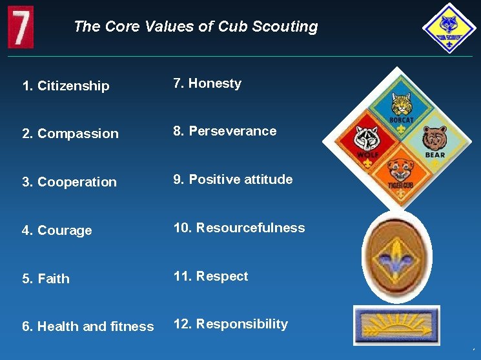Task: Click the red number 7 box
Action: click(21, 26)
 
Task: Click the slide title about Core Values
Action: click(196, 26)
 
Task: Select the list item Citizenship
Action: click(66, 86)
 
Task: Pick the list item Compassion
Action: click(70, 134)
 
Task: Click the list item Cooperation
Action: click(70, 182)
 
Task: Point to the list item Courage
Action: click(57, 230)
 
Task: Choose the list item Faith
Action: click(46, 279)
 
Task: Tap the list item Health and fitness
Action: click(88, 326)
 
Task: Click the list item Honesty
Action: click(207, 83)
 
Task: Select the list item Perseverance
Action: click(225, 131)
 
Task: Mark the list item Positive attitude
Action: click(232, 179)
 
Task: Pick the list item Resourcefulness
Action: click(239, 228)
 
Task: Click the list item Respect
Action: click(210, 276)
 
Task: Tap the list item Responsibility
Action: click(230, 324)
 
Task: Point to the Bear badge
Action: click(435, 140)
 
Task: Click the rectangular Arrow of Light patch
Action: click(396, 325)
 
